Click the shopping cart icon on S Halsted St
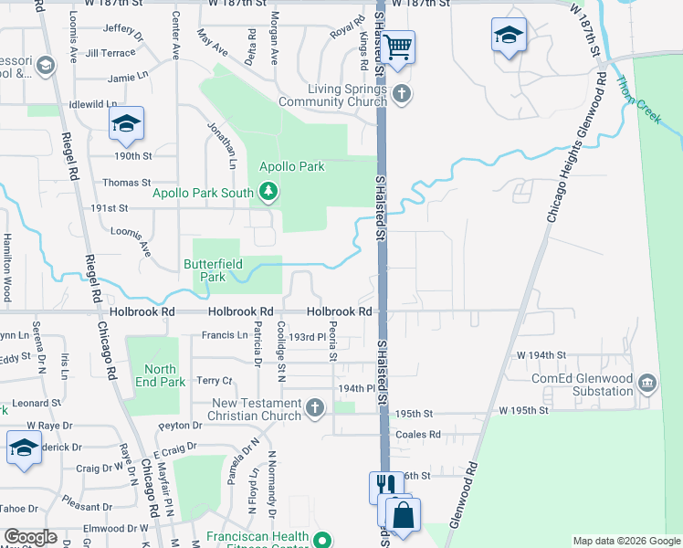398,46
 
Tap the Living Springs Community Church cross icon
400,93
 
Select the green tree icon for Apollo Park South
268,191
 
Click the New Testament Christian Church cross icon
315,408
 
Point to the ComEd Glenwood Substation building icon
647,381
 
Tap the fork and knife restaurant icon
384,486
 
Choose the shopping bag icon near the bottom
402,515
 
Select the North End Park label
160,375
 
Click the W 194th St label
541,354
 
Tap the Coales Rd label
418,434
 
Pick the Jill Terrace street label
110,54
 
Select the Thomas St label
126,183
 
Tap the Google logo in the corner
31,537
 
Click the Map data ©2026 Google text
625,541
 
